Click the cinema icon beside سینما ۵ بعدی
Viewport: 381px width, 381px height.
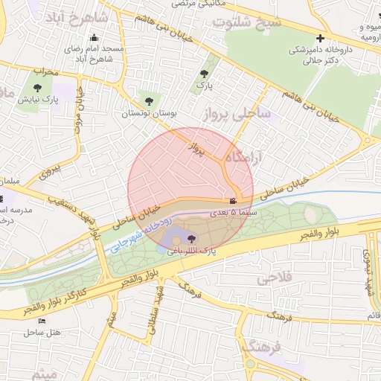[233, 201]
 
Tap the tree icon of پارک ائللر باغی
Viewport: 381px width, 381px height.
[192, 239]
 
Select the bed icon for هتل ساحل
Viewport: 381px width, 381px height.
[41, 321]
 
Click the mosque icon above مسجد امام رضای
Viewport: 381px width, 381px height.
[93, 38]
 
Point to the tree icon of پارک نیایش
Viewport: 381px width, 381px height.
[37, 87]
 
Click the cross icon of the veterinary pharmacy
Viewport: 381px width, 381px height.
[320, 38]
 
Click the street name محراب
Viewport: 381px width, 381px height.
[45, 71]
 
